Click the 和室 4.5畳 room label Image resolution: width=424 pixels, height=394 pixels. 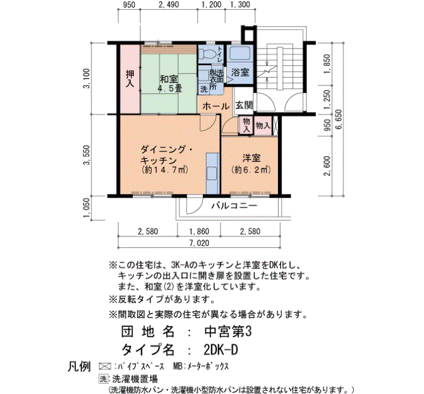(x=169, y=84)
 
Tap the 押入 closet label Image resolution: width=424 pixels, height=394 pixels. (x=130, y=78)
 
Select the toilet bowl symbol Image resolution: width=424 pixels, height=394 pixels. (x=207, y=54)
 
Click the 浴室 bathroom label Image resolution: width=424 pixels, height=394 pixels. (x=240, y=72)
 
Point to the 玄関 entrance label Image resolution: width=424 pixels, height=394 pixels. (x=244, y=105)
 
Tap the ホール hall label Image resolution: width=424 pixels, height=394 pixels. (x=216, y=106)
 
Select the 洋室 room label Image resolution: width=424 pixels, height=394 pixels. (x=251, y=158)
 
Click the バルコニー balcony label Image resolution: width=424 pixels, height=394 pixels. (x=234, y=205)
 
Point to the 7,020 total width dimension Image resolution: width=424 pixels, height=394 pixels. (x=199, y=243)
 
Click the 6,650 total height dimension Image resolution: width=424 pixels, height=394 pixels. (x=338, y=119)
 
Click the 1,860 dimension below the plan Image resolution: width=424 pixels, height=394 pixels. (x=199, y=232)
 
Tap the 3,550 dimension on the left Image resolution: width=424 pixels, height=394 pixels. (x=87, y=155)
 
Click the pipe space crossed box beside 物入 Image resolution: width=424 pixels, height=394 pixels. (x=275, y=125)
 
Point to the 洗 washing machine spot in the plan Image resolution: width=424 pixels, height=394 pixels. (x=204, y=88)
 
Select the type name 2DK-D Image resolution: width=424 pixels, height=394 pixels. (x=220, y=350)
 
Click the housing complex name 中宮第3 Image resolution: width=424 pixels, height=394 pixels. (x=228, y=332)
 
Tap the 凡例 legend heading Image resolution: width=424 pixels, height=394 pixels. (x=79, y=367)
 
